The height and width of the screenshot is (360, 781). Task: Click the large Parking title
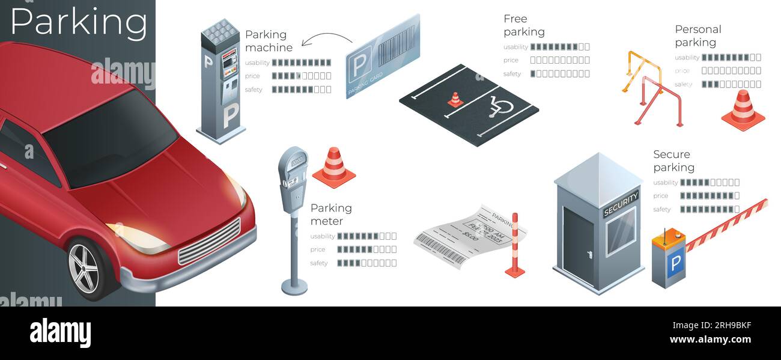[x=79, y=23]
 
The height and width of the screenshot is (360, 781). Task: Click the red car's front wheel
[x=84, y=268]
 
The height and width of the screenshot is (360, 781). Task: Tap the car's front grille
[x=209, y=242]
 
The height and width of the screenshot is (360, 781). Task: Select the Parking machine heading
[x=269, y=41]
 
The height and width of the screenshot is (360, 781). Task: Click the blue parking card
[x=383, y=55]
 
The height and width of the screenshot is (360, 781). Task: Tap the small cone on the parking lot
[x=455, y=100]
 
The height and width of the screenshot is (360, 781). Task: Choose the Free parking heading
[x=524, y=25]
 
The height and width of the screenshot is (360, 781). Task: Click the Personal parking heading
[x=697, y=35]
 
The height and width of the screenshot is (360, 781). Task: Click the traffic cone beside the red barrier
[x=743, y=109]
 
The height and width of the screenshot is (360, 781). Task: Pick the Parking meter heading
[x=331, y=215]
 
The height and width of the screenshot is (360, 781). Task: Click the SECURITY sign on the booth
[x=621, y=204]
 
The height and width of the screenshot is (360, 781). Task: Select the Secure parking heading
[x=673, y=160]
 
